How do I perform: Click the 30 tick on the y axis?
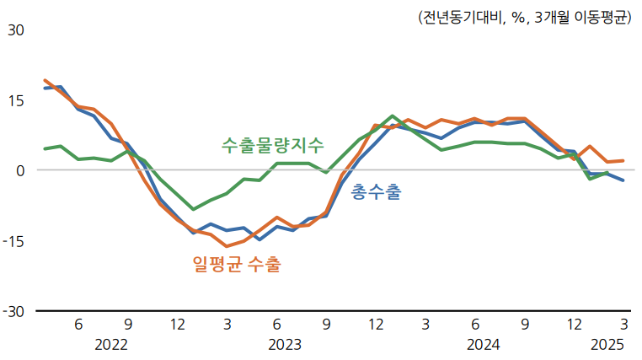(15, 30)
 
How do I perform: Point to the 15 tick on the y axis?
(15, 99)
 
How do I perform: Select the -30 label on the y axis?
(13, 312)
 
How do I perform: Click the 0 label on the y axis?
(19, 170)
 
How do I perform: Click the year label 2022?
(111, 345)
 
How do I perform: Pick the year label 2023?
(285, 345)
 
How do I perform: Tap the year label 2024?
(484, 345)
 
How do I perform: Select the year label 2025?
(607, 345)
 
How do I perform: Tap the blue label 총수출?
(376, 192)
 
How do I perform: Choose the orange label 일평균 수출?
(237, 265)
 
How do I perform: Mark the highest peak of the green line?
(393, 116)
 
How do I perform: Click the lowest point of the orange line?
(227, 246)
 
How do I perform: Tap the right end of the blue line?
(623, 180)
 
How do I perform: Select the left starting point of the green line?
(45, 149)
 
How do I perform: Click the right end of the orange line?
(623, 160)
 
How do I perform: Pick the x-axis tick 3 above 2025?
(623, 325)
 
